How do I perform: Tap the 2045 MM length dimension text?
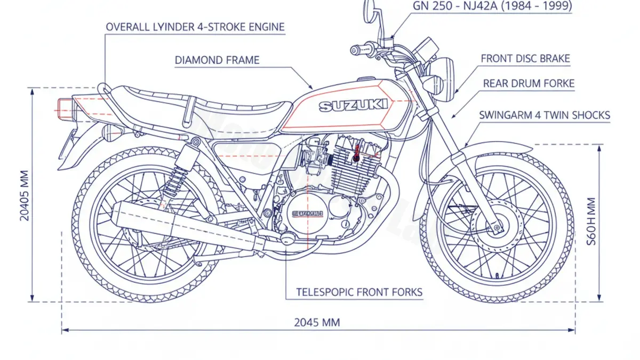tap(317, 322)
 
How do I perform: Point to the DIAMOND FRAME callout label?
tap(217, 60)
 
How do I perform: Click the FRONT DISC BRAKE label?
tap(525, 59)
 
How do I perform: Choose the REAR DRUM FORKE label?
tap(529, 84)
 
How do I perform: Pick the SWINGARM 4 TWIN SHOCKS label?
tap(545, 115)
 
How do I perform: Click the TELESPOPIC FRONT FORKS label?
tap(359, 292)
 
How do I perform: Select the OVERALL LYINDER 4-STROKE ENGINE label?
tap(195, 27)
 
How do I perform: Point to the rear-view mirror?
tap(370, 10)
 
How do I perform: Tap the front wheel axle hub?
tap(498, 228)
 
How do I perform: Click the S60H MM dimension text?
tap(590, 221)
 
